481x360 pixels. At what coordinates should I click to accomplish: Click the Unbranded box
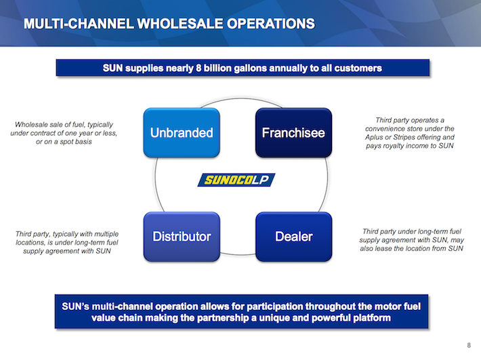click(x=181, y=132)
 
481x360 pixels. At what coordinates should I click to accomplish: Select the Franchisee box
click(x=293, y=132)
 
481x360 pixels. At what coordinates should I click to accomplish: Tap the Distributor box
click(x=181, y=237)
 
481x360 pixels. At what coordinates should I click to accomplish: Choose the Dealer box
click(x=293, y=237)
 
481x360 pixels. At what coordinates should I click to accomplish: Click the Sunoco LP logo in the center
click(x=236, y=180)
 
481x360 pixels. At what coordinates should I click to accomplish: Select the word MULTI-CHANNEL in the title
click(x=72, y=24)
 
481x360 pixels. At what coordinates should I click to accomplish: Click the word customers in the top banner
click(x=358, y=68)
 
